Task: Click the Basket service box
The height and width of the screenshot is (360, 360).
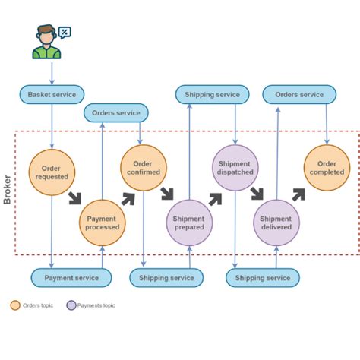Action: tap(52, 95)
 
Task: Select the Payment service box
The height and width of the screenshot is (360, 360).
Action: tap(71, 278)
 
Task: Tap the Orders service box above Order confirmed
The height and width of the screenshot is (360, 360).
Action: tap(116, 113)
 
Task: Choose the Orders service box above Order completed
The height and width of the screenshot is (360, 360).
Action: tap(299, 95)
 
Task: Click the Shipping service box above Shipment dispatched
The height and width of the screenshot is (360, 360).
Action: tap(213, 95)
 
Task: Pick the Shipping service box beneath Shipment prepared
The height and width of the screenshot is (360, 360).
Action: tap(166, 278)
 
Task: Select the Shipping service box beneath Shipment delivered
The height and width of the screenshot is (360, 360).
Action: tap(263, 278)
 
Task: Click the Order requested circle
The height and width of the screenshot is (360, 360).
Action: tap(52, 172)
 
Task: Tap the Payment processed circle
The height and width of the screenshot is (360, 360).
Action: tap(102, 223)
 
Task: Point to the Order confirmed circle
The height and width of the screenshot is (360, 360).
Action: tap(143, 168)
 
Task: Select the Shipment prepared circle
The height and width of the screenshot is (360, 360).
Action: tap(189, 223)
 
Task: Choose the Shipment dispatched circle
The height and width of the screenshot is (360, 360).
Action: tap(235, 168)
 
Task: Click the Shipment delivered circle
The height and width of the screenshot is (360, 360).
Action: tap(276, 223)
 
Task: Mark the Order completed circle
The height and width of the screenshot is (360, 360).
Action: tap(327, 168)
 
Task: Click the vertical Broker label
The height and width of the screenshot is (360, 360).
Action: tap(8, 190)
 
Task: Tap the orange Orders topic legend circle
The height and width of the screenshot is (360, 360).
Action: tap(15, 305)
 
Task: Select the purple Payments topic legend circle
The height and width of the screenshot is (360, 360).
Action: tap(71, 305)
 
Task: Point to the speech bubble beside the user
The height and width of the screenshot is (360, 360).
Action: tap(65, 32)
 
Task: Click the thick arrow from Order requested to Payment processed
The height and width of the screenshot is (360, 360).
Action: tap(74, 199)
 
